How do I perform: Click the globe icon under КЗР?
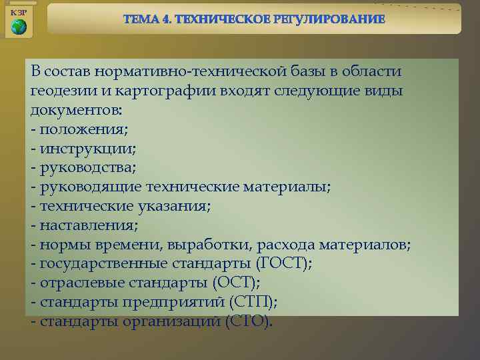click(19, 27)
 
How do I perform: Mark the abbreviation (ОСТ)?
click(236, 283)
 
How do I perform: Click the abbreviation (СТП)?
click(253, 302)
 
